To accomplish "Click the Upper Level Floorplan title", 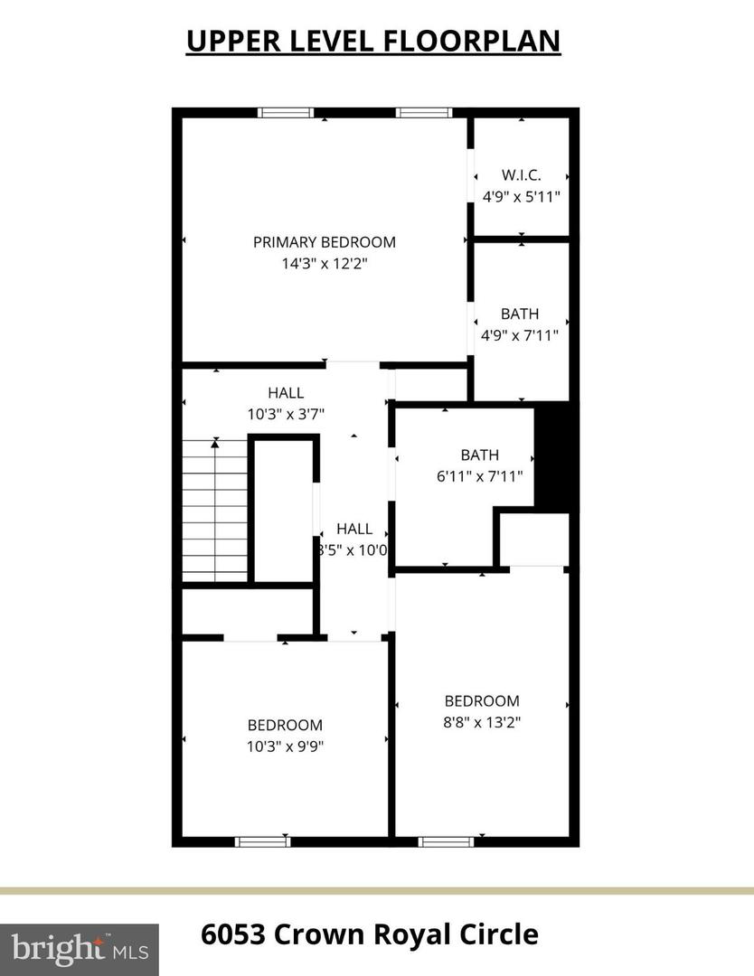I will (373, 41).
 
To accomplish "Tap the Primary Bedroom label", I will (324, 242).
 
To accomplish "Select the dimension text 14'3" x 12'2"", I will (324, 264).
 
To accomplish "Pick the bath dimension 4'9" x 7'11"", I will (520, 335).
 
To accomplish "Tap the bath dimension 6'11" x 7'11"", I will (479, 476).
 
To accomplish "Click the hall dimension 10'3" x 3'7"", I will (286, 414).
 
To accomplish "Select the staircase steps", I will (216, 511).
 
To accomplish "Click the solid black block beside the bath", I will (552, 455).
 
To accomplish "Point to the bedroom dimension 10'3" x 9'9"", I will (286, 746).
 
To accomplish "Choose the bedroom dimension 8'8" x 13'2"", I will (482, 722).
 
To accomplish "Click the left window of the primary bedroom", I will (286, 113).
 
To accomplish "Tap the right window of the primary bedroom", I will (423, 113).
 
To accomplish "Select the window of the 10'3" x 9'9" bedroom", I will (262, 842).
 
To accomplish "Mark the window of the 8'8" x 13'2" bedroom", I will (447, 842).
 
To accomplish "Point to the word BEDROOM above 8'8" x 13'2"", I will (482, 700).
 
